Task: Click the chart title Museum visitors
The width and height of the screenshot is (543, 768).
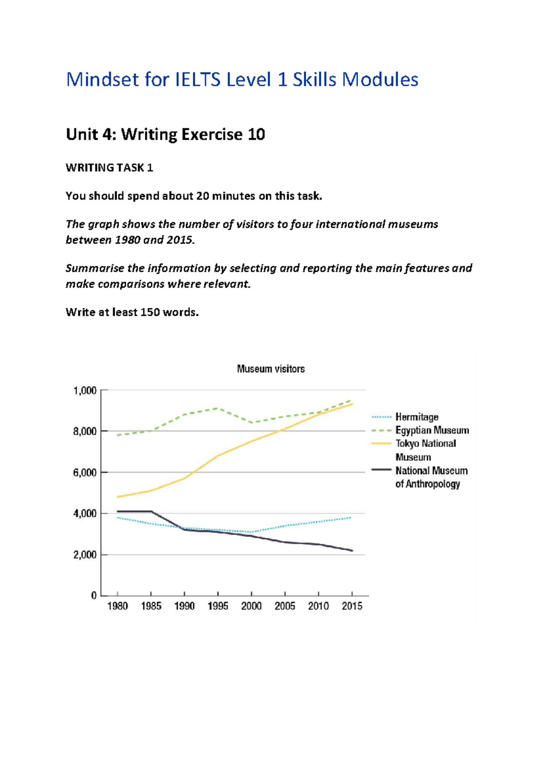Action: coord(271,369)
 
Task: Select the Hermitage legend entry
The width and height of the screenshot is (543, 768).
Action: coord(416,417)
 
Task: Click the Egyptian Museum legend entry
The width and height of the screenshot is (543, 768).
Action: coord(432,430)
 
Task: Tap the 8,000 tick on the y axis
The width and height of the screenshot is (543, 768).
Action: coord(85,431)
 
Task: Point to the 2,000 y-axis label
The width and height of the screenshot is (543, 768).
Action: coord(85,555)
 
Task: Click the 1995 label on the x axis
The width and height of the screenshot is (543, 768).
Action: coord(218,606)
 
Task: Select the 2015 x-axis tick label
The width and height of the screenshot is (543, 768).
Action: coord(352,606)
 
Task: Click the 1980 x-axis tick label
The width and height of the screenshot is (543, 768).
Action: coord(117,606)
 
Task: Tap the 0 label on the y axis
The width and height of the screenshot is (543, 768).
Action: coord(94,595)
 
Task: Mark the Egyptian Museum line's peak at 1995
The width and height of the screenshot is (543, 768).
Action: coord(218,408)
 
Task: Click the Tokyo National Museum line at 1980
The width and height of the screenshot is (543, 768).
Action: coord(118,497)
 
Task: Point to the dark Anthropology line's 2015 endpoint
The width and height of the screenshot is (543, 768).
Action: coord(352,551)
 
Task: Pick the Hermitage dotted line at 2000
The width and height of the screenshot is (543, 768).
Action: coord(252,532)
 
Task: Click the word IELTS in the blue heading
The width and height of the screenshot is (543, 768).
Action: coord(198,80)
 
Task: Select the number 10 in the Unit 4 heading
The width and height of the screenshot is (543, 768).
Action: coord(256,134)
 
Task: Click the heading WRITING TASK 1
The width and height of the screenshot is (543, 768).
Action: coord(109,168)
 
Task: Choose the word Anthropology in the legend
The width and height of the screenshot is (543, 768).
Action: coord(433,484)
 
